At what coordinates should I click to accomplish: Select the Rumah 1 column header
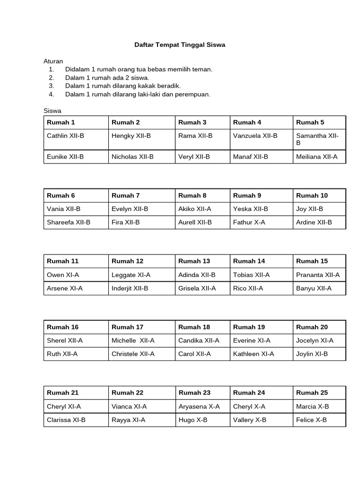[x=61, y=122]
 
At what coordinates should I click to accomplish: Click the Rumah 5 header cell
[x=310, y=122]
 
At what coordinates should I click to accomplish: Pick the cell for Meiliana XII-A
[x=316, y=157]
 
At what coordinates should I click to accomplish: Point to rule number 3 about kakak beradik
[x=123, y=86]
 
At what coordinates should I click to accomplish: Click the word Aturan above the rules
[x=53, y=61]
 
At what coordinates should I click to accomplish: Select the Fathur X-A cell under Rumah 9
[x=249, y=222]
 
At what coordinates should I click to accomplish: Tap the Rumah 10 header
[x=312, y=195]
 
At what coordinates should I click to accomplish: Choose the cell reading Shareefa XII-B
[x=68, y=222]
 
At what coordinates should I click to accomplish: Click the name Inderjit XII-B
[x=130, y=288]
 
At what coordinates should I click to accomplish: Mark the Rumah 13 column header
[x=194, y=261]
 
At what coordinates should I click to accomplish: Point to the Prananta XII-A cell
[x=318, y=275]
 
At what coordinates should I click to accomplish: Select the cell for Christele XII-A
[x=133, y=354]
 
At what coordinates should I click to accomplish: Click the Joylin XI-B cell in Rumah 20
[x=312, y=354]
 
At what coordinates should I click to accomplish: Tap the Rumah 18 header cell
[x=194, y=327]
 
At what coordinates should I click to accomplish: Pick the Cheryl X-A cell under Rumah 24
[x=249, y=406]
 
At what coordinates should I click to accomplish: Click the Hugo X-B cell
[x=193, y=420]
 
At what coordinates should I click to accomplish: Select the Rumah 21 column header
[x=62, y=392]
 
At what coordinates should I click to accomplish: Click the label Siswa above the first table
[x=52, y=111]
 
